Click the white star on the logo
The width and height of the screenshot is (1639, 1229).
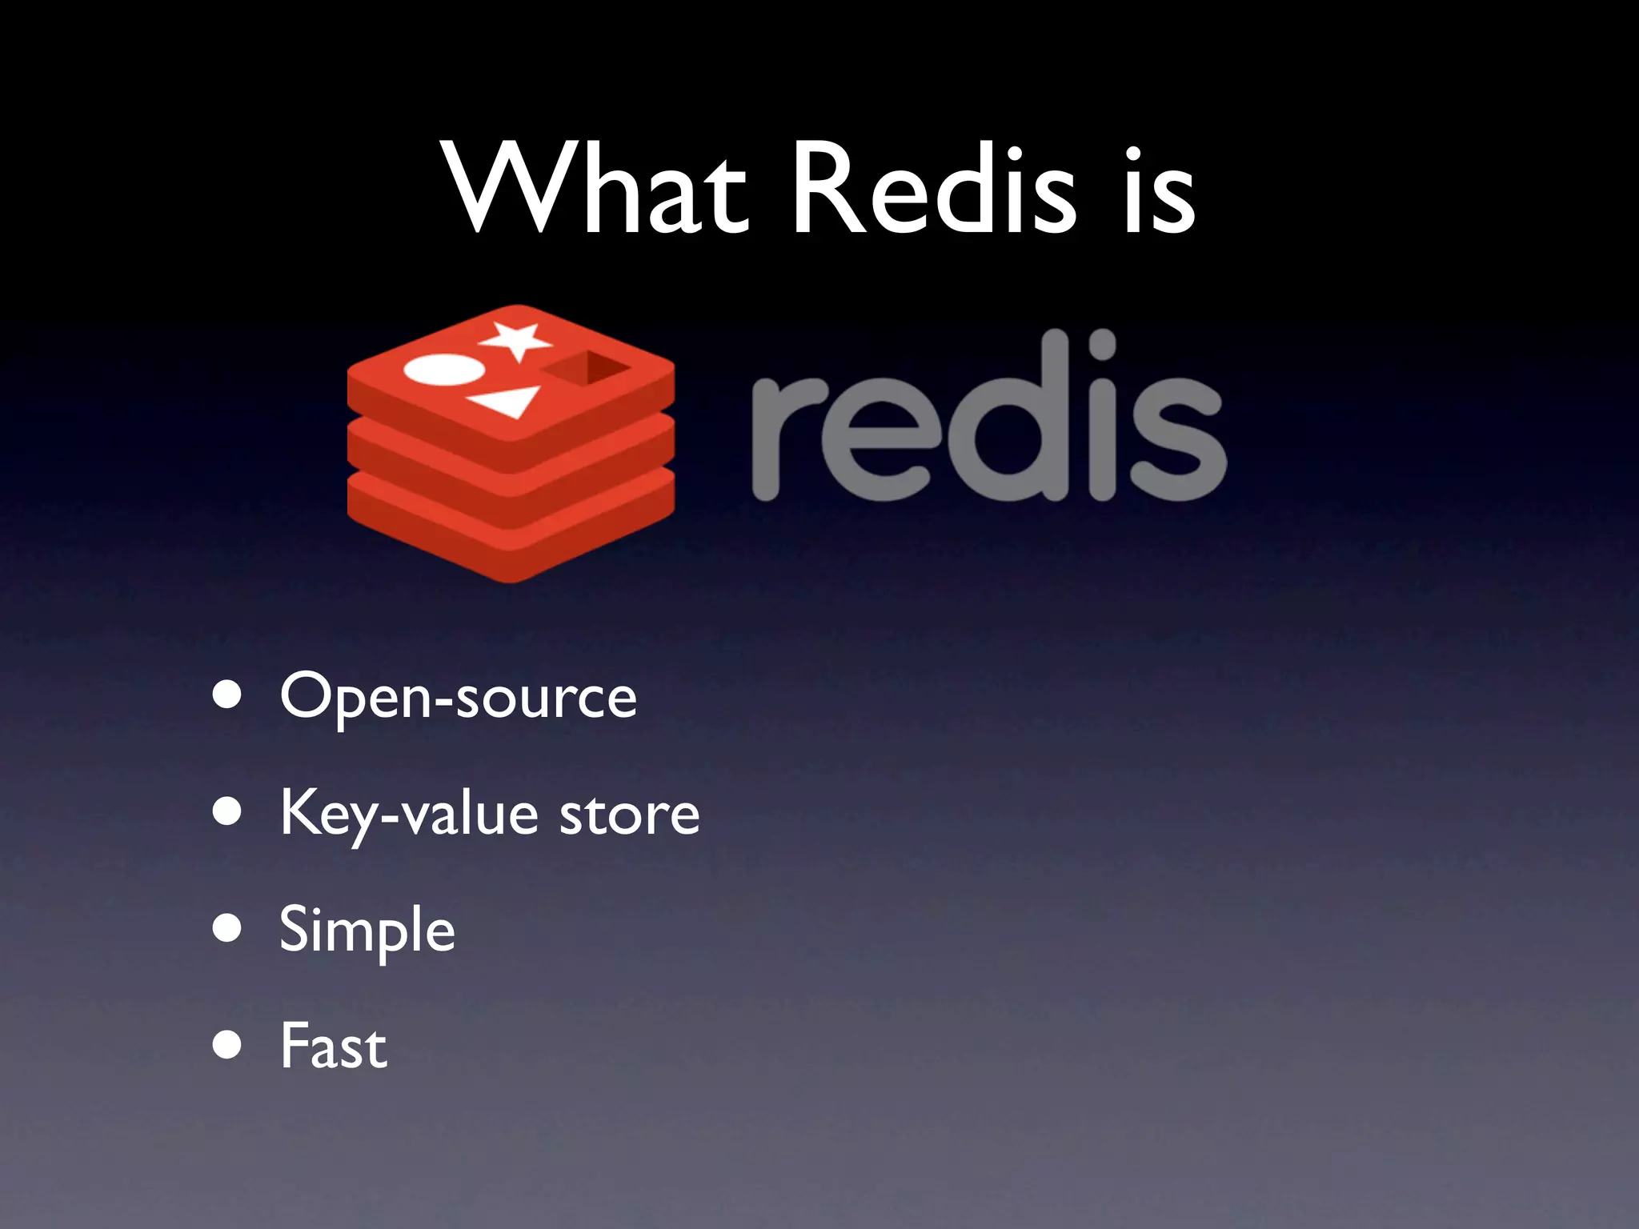tap(516, 340)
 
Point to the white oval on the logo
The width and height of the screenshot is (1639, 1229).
tap(444, 370)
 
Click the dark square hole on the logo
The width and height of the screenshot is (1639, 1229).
tap(587, 369)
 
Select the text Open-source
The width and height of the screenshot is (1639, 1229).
tap(458, 697)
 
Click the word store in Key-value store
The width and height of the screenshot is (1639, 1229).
tap(629, 815)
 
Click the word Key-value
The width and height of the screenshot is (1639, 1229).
tap(409, 815)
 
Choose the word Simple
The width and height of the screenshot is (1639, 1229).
tap(367, 931)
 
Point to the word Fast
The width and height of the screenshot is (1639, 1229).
tap(334, 1047)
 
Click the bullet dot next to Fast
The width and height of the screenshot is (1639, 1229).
tap(227, 1045)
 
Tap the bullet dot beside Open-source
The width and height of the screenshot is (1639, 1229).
tap(227, 695)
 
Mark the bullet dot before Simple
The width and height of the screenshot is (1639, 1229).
tap(227, 928)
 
